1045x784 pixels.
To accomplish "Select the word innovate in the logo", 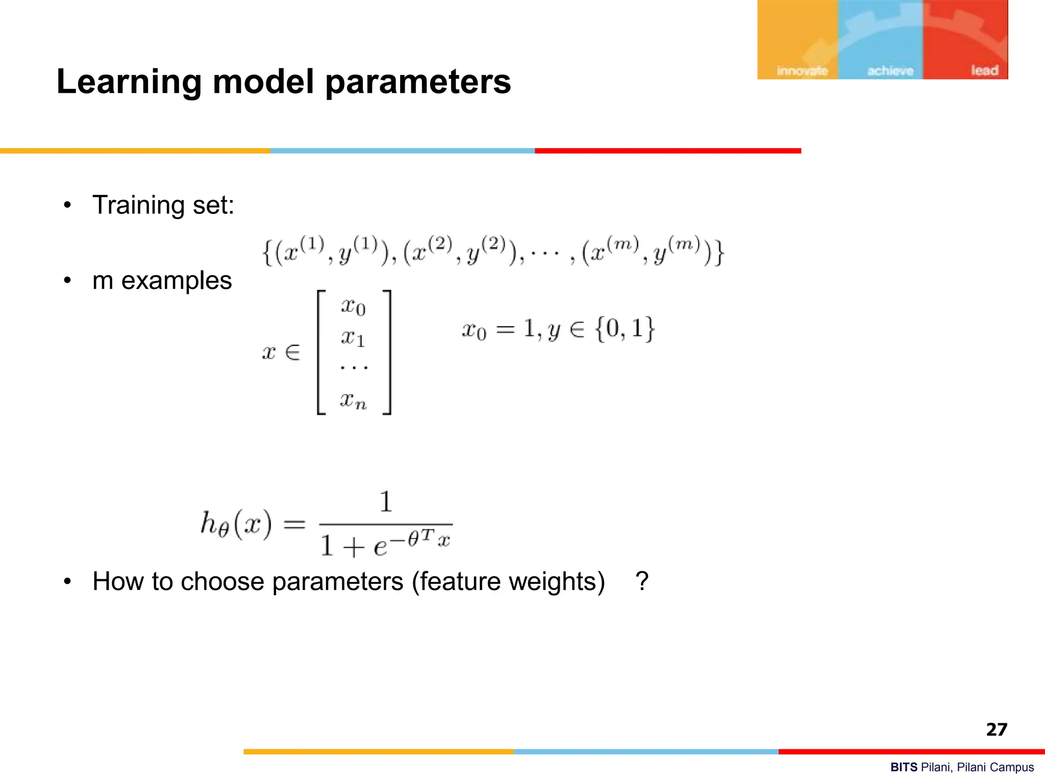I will (802, 71).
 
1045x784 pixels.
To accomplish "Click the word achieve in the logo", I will (890, 71).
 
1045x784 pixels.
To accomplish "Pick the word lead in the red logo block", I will (984, 70).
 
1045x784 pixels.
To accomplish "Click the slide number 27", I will (997, 729).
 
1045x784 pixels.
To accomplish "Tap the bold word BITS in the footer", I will (904, 767).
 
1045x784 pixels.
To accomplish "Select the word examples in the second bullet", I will (177, 280).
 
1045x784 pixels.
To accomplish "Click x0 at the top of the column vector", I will (353, 307).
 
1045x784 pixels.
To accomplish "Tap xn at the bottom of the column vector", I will (353, 400).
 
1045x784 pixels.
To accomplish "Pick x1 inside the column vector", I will (353, 338).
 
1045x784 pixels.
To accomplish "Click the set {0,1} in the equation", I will (625, 329).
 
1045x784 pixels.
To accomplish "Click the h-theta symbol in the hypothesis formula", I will (214, 524).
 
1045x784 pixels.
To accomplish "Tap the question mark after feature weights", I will (642, 581).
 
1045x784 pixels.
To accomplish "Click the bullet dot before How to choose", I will (67, 581).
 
